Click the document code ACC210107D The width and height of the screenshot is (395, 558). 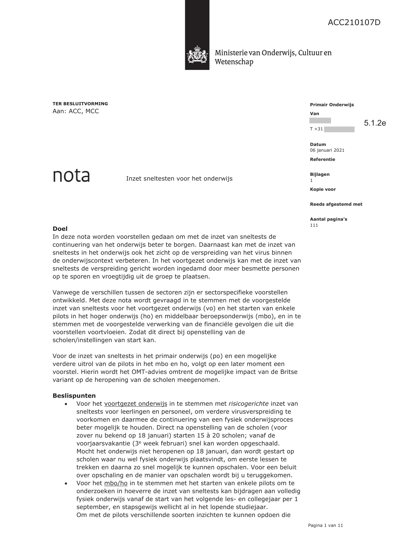[354, 23]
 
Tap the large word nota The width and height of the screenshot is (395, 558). [71, 176]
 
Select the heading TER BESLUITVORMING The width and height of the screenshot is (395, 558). [80, 104]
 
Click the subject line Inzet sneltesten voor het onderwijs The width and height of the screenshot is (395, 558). [179, 179]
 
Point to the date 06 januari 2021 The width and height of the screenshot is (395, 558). [327, 150]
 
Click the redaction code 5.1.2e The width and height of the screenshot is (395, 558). [375, 123]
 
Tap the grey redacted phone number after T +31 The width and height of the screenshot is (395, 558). [339, 129]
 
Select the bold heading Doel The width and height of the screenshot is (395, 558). [60, 229]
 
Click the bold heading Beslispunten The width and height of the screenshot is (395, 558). [74, 396]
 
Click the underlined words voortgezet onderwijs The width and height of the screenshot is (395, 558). [136, 404]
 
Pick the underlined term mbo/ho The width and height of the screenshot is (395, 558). [116, 483]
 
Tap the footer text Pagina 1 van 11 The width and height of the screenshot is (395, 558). [325, 526]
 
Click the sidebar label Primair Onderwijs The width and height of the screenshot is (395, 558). [332, 105]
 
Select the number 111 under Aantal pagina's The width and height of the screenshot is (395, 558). [314, 225]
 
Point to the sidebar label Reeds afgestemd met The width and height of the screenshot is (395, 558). [336, 204]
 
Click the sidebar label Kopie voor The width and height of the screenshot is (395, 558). [323, 189]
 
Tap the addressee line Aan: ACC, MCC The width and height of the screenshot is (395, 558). [76, 111]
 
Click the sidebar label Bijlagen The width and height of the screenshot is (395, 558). [320, 174]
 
